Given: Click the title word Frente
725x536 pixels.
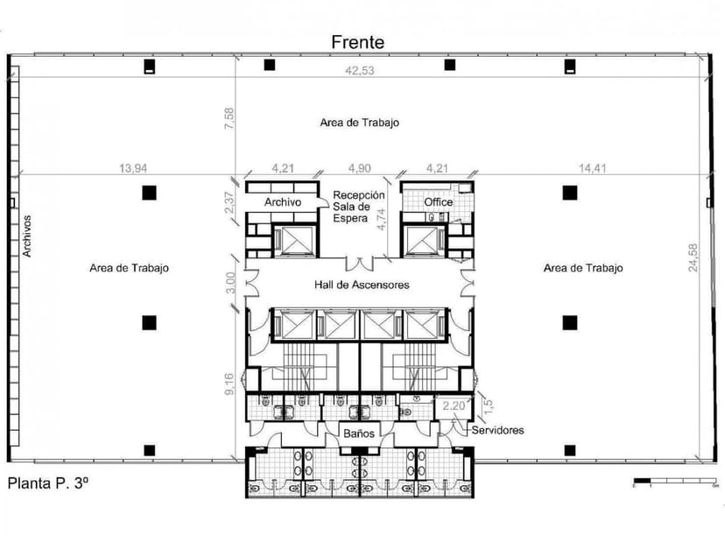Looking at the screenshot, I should pos(357,41).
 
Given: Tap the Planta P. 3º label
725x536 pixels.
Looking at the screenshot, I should pos(49,483).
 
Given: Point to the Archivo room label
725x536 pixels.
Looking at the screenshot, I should pos(283,202).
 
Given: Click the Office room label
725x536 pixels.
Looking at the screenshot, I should pos(439,202).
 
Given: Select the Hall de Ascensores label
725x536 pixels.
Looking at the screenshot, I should pos(362,285).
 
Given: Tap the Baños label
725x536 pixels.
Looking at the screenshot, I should pos(359,433).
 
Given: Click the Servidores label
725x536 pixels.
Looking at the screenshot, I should pos(497,430).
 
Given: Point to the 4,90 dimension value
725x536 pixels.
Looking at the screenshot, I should pos(361,167).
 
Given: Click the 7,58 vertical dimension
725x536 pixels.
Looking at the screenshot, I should pos(229,120).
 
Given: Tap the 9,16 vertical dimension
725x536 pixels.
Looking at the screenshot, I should pos(229,383).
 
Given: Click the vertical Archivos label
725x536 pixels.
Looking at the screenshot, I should pos(27,236).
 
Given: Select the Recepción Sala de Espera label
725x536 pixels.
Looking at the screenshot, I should pos(359,207).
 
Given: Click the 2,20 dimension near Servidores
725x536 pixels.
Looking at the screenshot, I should pos(454,406).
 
